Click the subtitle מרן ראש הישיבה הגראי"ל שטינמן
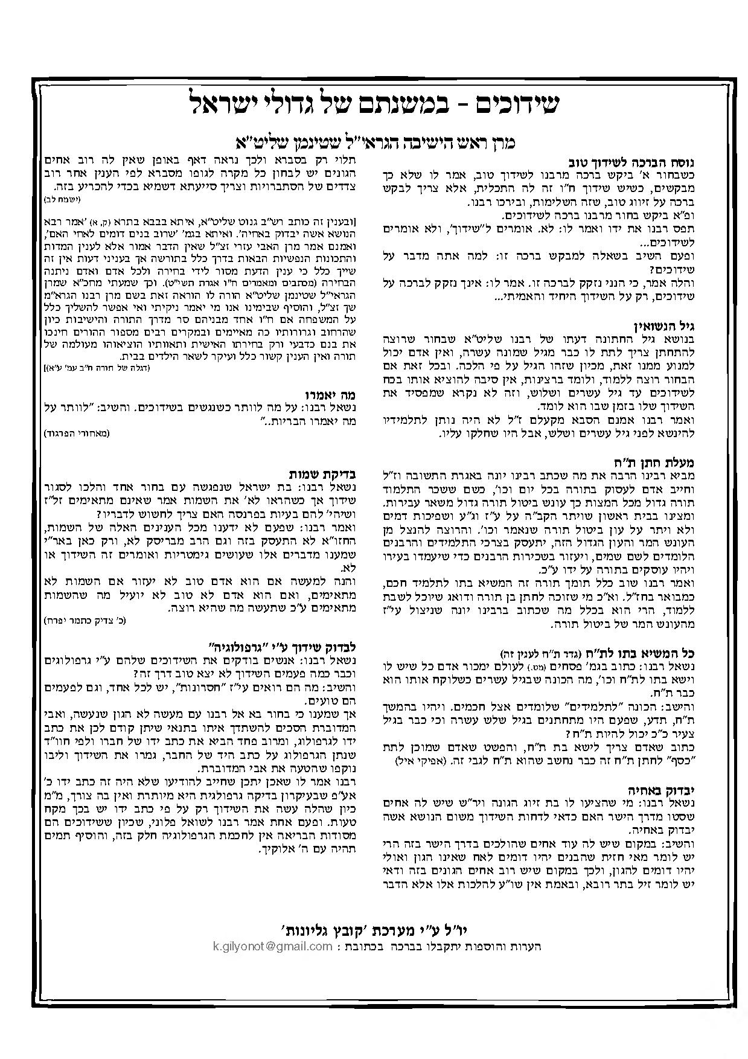tap(374, 142)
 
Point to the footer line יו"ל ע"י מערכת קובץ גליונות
tap(374, 930)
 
